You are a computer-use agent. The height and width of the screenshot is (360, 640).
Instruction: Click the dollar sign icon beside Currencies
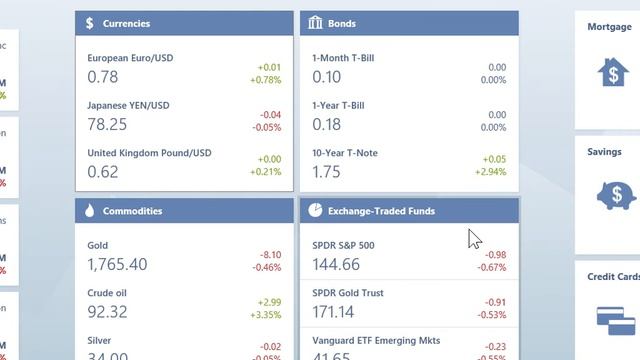pos(90,23)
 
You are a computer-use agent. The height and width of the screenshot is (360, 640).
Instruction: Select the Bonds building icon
pos(315,23)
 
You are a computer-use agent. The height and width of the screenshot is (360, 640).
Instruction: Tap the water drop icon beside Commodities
pos(90,211)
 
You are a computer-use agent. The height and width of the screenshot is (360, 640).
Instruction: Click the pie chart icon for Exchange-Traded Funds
pos(315,211)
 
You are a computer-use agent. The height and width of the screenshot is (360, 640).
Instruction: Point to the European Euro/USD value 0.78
pos(102,77)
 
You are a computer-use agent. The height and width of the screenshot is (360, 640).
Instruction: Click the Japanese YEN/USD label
pos(128,105)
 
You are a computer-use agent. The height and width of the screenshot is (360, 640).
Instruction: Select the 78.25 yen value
pos(107,124)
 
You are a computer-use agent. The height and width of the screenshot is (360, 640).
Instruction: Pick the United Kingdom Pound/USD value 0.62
pos(102,171)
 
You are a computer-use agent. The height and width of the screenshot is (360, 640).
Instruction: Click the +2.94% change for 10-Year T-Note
pos(490,172)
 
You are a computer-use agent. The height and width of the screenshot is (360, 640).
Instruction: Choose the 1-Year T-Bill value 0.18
pos(326,124)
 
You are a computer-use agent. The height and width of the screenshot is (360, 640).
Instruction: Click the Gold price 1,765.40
pos(117,264)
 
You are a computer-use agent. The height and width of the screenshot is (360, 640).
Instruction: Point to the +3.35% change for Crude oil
pos(265,315)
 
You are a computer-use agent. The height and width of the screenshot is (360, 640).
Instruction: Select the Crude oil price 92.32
pos(107,312)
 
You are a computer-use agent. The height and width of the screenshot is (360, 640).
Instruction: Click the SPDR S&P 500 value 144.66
pos(336,264)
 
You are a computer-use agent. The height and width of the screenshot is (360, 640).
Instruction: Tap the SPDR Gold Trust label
pos(347,293)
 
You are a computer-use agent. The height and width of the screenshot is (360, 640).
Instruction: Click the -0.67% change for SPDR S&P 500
pos(491,268)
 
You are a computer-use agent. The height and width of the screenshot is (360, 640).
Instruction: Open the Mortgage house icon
pos(612,72)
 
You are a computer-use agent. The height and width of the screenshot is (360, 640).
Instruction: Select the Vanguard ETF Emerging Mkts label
pos(375,341)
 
